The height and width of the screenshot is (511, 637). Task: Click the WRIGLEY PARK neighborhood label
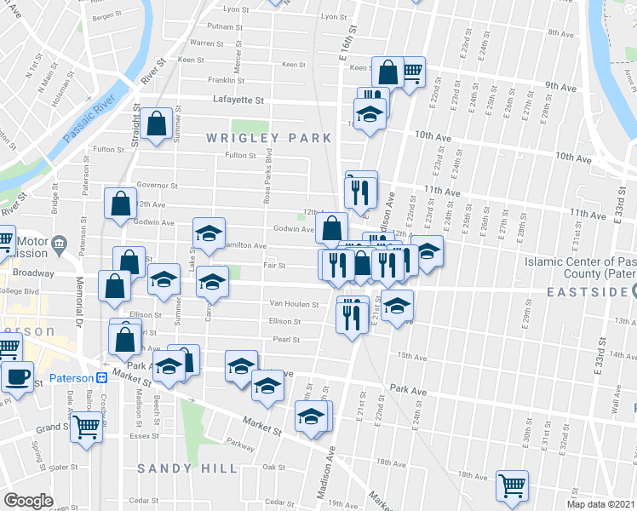(x=255, y=137)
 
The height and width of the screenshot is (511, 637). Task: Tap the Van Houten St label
(x=294, y=304)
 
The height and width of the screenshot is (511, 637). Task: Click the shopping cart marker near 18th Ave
(x=512, y=485)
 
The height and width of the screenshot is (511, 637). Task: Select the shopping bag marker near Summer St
(x=158, y=123)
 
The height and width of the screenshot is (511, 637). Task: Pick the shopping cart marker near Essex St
(x=86, y=425)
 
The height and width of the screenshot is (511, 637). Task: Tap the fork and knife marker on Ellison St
(x=351, y=316)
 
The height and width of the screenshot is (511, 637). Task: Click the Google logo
(x=28, y=501)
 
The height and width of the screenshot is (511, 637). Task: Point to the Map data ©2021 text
(x=601, y=504)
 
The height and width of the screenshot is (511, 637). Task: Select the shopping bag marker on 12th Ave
(x=120, y=204)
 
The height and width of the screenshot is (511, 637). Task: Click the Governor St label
(x=156, y=185)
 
